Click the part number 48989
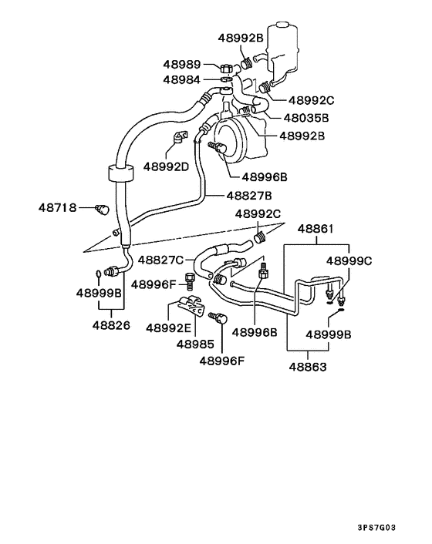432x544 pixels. tap(181, 65)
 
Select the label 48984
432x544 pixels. tap(181, 79)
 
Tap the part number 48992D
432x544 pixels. tap(167, 165)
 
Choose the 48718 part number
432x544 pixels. tap(57, 207)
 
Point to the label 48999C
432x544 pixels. tap(349, 260)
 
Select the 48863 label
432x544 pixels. tap(308, 367)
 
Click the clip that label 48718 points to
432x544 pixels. tap(99, 208)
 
